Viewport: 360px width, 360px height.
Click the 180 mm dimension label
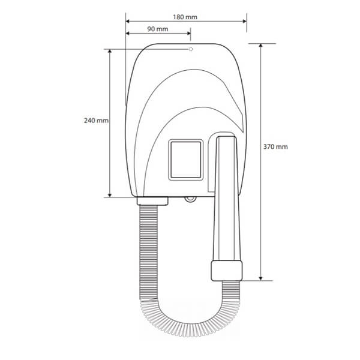coord(185,17)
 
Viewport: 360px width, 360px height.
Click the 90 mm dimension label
coord(157,29)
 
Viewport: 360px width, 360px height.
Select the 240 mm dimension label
coord(96,121)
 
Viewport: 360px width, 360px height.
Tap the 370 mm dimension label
coord(275,146)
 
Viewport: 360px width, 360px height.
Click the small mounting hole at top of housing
coord(191,49)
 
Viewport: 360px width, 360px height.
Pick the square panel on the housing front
coord(186,160)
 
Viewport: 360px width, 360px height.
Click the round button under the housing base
coord(190,199)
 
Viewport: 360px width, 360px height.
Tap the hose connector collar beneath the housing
coord(152,201)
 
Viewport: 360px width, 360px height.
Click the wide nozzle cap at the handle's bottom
coord(227,271)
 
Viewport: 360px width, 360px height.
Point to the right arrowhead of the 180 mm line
coord(245,22)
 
